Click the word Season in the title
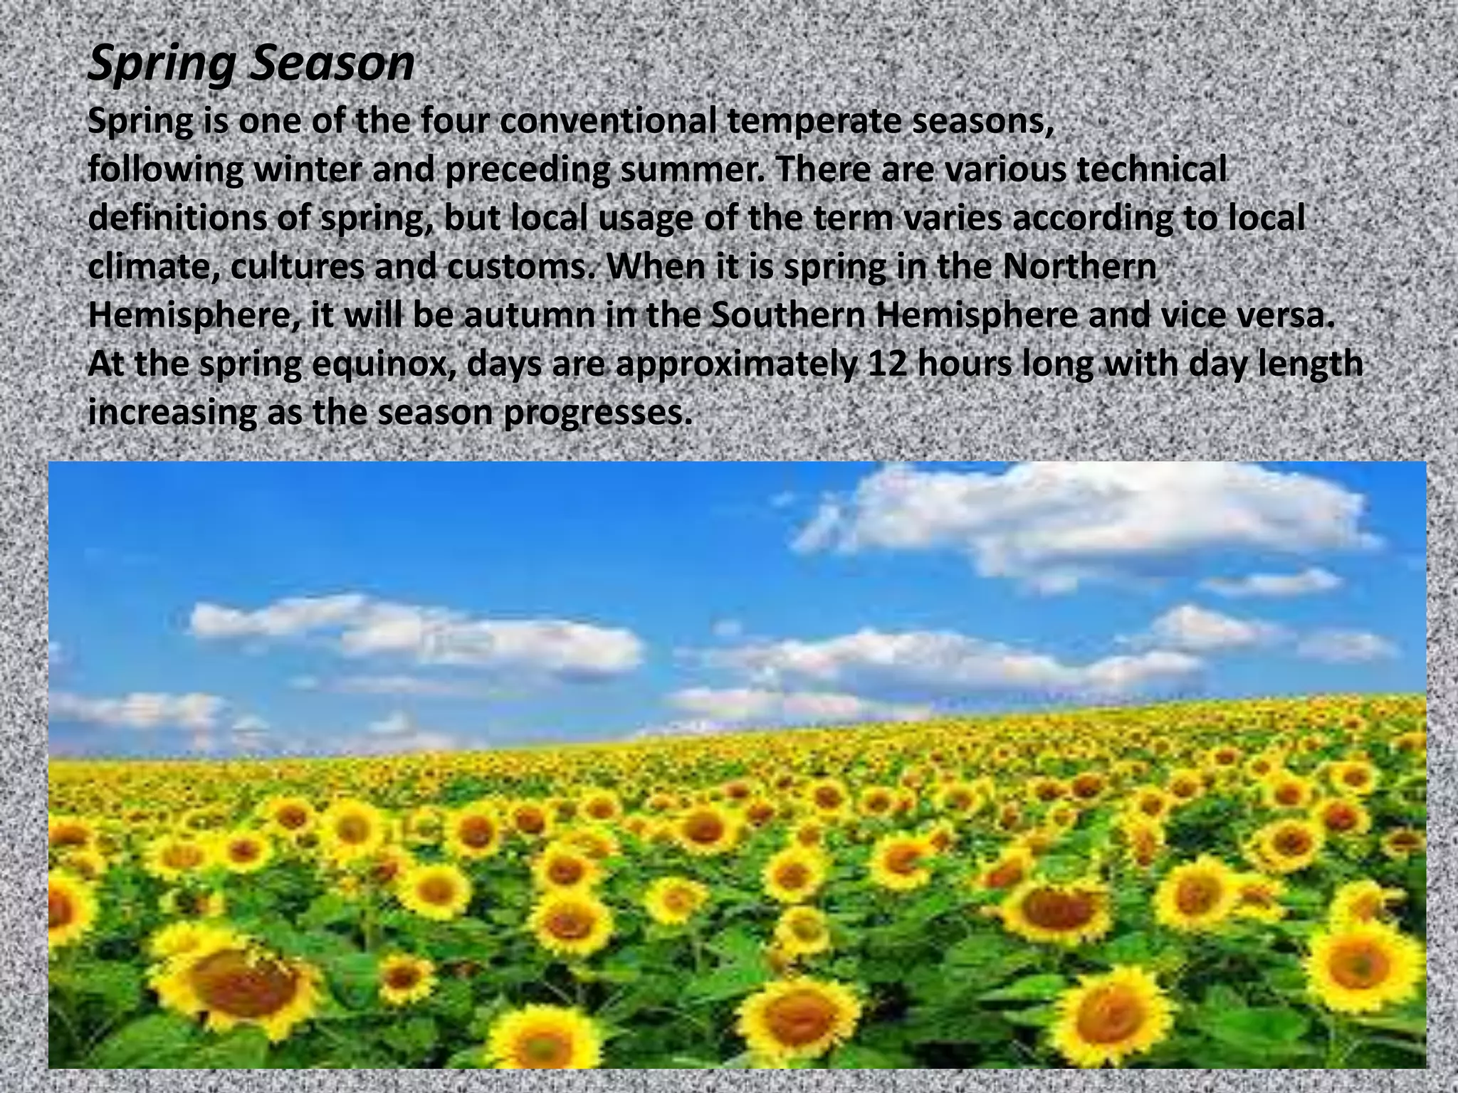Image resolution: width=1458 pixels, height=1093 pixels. click(332, 64)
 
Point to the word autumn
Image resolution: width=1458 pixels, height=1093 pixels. click(529, 316)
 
